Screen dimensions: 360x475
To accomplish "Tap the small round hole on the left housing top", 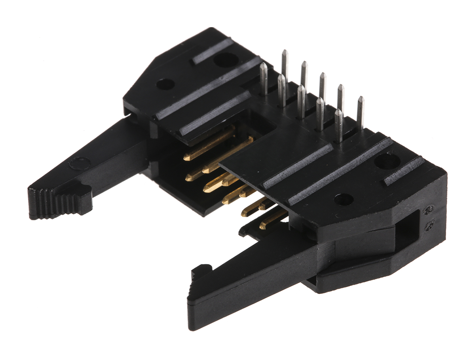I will point(165,84).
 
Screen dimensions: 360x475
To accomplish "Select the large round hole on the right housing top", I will point(387,162).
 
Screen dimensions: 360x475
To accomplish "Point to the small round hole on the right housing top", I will point(343,199).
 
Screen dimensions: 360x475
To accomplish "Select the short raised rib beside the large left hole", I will point(212,51).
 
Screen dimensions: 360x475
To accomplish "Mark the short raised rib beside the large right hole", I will point(404,171).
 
